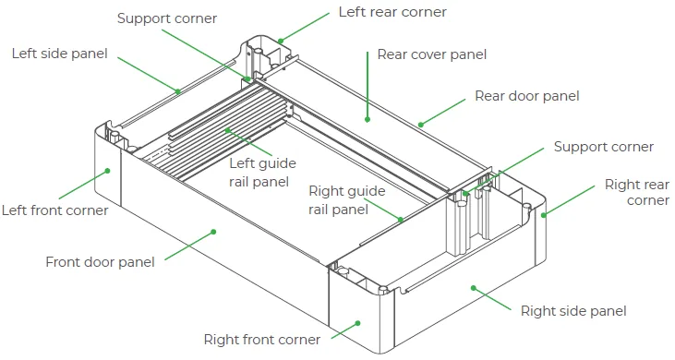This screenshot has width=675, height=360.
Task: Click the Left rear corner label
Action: [x=392, y=12]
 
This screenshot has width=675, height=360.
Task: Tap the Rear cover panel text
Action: [x=432, y=54]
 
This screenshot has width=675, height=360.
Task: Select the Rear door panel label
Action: [x=527, y=96]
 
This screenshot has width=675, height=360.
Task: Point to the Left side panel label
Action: [x=59, y=54]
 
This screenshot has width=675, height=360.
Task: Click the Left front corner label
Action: [x=54, y=210]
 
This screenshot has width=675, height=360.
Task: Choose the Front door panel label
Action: [x=100, y=262]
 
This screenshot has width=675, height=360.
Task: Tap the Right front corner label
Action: [x=261, y=340]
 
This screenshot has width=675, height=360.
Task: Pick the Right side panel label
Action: [x=573, y=311]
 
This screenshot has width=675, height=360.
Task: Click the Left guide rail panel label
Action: [x=262, y=173]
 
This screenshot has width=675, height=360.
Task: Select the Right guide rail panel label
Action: [x=346, y=200]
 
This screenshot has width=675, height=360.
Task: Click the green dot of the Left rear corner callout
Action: [x=280, y=42]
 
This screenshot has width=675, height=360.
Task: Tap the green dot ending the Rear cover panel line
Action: [x=368, y=120]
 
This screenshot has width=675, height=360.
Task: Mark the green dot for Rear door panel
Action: [x=420, y=125]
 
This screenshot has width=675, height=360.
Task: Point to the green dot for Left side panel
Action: [x=178, y=91]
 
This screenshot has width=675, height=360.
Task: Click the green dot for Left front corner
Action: [x=108, y=171]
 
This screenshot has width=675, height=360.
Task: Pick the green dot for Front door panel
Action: [x=213, y=232]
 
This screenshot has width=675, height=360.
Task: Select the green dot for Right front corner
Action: [x=357, y=323]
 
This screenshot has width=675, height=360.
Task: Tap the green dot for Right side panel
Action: [x=473, y=288]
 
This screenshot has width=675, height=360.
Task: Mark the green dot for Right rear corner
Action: [x=544, y=215]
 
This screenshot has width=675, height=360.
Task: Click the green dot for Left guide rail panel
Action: [x=227, y=130]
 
